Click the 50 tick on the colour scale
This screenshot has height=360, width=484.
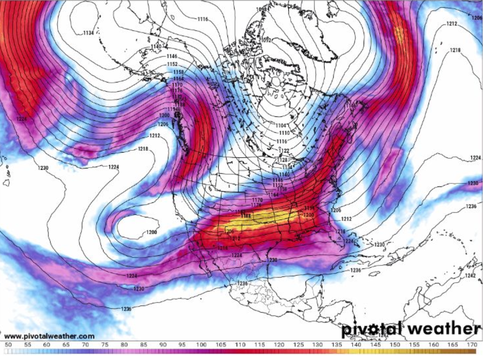coord(8,345)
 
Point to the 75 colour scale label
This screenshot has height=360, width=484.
coord(105,345)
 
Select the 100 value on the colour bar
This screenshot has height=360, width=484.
coord(201,345)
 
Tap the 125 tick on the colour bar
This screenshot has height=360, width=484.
coord(298,345)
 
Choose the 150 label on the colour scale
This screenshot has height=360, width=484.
coord(395,345)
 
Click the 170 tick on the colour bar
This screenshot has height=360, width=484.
coord(472,345)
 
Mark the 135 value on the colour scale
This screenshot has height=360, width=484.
coord(337,345)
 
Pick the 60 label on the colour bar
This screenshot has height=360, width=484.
coord(47,345)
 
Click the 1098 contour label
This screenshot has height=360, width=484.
coord(261,9)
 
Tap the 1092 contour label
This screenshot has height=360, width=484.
coord(267,40)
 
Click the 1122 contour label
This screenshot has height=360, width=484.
coord(284,150)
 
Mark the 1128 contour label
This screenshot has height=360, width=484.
coord(282,160)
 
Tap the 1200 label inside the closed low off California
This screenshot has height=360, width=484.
coord(151,232)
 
